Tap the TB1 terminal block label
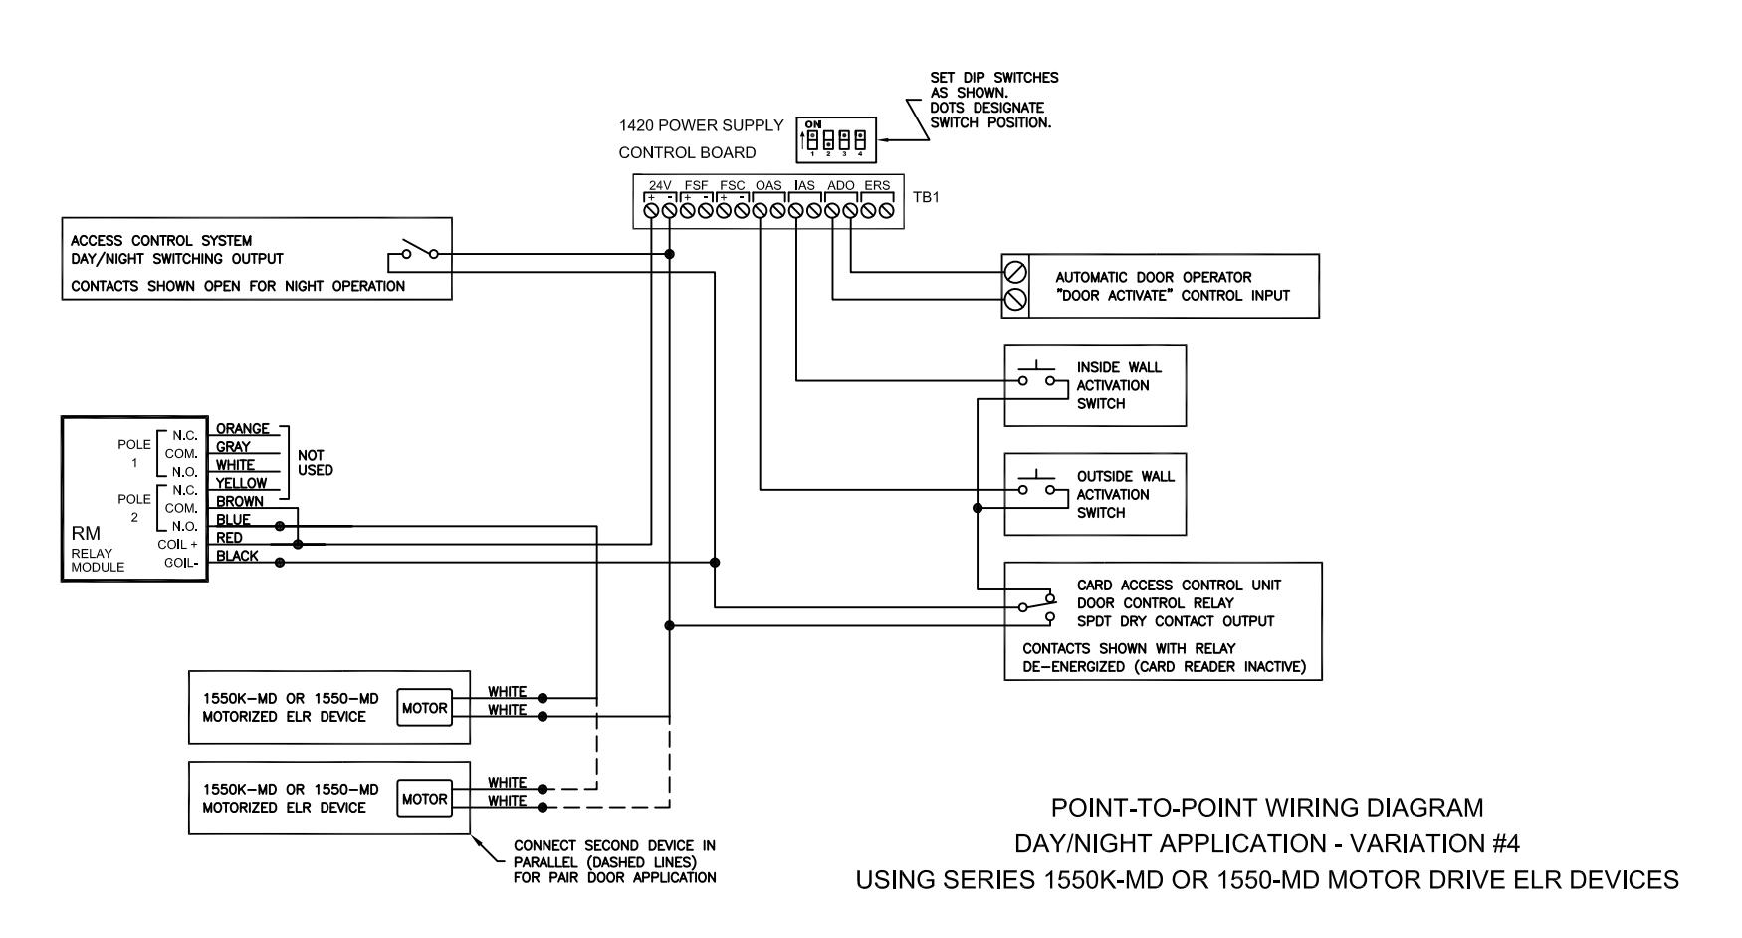(x=926, y=197)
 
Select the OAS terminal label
(x=768, y=185)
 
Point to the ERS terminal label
(x=877, y=185)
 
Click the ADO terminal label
(x=841, y=185)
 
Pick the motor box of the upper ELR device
(x=424, y=708)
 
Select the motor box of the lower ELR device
(x=424, y=799)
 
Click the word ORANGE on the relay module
(x=243, y=429)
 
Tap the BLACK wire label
(x=237, y=556)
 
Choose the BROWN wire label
(x=240, y=501)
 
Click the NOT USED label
(x=316, y=462)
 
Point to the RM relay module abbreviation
(x=86, y=533)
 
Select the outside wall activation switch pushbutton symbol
(x=1036, y=484)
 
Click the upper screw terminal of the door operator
(x=1015, y=271)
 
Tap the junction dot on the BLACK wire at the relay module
(x=280, y=563)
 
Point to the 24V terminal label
(x=661, y=185)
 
